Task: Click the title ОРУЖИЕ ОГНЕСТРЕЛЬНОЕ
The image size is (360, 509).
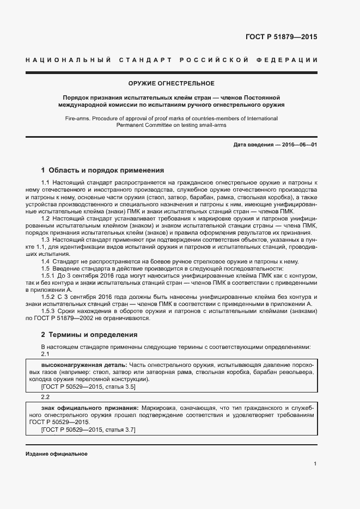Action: pos(171,83)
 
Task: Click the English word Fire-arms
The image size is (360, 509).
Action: pos(78,118)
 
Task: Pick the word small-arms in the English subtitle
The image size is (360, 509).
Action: pos(212,125)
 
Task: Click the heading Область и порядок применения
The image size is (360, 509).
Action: pos(107,170)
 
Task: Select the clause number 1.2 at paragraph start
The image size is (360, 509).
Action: pos(46,218)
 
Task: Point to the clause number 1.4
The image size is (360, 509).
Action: pos(46,261)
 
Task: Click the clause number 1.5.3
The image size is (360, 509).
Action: pos(48,311)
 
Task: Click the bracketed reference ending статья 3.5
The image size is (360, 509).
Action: pos(88,386)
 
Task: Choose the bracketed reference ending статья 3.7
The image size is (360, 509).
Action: pos(88,430)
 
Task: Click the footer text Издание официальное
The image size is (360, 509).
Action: pos(56,453)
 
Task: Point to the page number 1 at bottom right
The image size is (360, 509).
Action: pos(315,464)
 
